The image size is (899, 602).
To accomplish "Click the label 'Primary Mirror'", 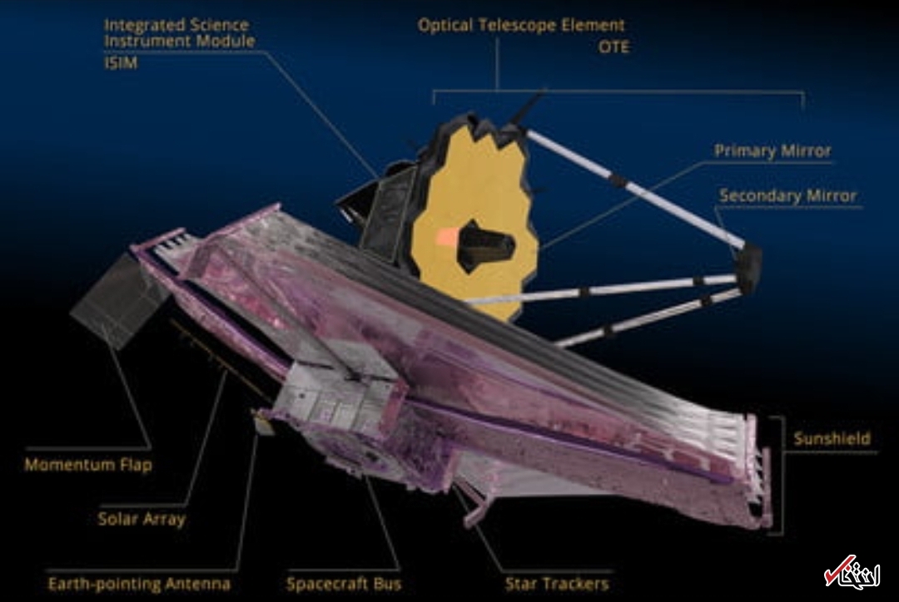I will tap(772, 151).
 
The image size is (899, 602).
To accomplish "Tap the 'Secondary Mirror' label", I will tap(787, 196).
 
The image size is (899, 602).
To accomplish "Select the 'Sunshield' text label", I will tap(831, 438).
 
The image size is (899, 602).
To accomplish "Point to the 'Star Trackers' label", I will tap(557, 584).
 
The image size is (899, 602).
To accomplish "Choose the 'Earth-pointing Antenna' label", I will tap(139, 584).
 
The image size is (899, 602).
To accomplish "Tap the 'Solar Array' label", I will tap(142, 520).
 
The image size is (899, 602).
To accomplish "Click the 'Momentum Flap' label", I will tap(88, 465).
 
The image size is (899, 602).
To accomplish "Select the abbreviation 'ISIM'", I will tap(121, 62).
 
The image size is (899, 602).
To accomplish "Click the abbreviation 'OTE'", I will tap(614, 47).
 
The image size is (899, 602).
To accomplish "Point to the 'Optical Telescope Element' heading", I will tap(521, 26).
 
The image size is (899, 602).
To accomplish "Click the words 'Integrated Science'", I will tap(176, 24).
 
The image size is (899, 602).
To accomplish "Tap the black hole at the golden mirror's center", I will tap(487, 244).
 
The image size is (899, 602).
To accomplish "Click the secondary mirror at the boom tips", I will tap(748, 266).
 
